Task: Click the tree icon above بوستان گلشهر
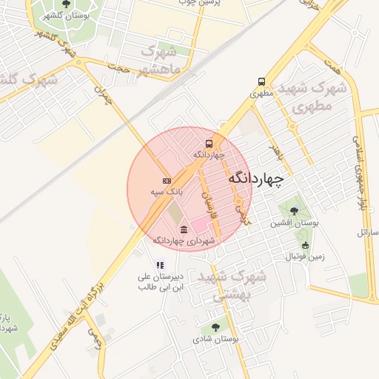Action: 67,4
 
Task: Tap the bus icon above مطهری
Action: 261,81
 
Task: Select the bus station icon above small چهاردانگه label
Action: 209,144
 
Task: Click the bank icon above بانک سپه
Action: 167,181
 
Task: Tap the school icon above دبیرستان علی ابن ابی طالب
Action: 158,265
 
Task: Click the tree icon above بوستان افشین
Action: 295,211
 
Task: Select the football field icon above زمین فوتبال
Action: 305,246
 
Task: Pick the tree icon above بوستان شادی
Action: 215,326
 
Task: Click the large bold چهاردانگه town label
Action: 257,178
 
